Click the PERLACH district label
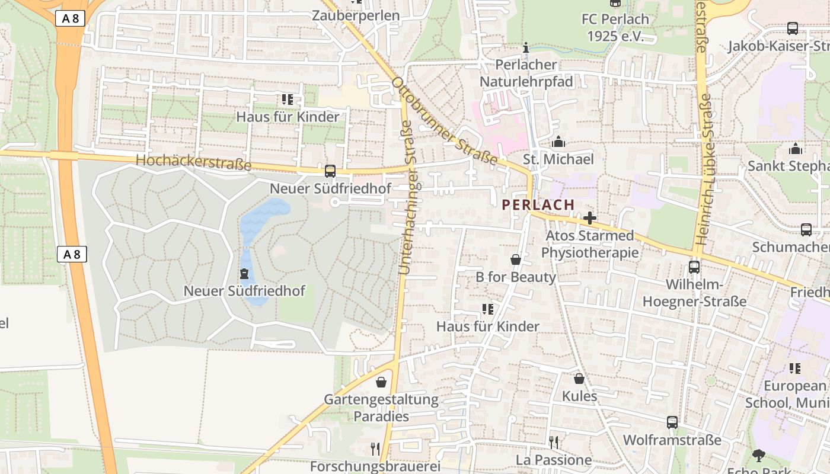538,204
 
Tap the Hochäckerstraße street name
193,161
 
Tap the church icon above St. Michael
558,142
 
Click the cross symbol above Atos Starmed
590,218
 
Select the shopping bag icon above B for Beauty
516,260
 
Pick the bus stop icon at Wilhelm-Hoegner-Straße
694,267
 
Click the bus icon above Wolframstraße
672,422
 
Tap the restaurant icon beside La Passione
553,442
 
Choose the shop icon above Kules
579,379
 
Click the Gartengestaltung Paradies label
381,408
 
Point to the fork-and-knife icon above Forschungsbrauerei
375,449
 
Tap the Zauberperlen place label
356,15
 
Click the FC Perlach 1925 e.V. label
615,27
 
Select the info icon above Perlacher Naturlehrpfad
526,47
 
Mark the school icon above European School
794,369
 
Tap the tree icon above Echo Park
758,455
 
